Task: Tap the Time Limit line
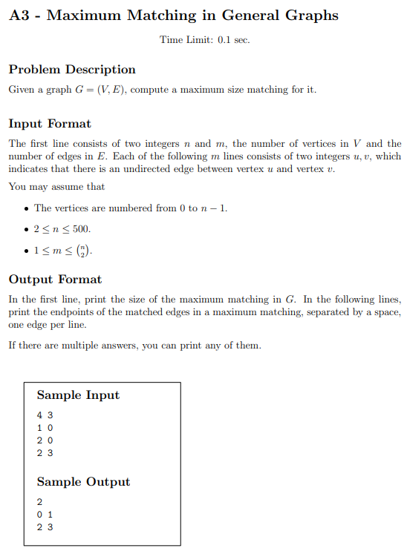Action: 204,39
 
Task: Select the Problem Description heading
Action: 72,70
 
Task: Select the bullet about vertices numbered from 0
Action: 130,208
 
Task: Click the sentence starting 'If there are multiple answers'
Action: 134,346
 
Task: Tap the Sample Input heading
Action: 78,395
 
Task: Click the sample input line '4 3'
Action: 45,415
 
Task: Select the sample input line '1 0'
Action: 45,428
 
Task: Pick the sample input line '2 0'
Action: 45,440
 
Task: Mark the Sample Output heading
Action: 83,482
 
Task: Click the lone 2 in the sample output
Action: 39,502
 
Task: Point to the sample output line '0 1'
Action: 45,515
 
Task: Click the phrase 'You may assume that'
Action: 56,187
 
